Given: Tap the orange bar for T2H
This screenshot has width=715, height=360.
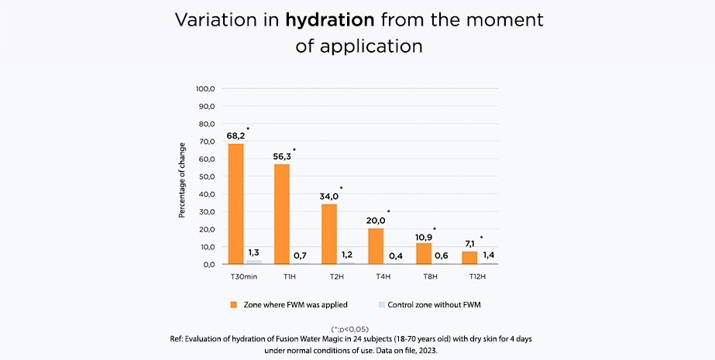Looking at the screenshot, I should coord(328,234).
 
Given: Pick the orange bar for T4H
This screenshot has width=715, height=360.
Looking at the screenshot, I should coord(375,246).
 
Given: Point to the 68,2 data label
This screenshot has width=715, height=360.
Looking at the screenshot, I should coord(235,135).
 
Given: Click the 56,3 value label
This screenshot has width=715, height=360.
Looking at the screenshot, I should coord(282,156).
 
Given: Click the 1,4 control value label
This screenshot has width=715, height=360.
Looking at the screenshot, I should coord(488,254).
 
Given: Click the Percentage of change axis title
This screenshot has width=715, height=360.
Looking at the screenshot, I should coord(182,180).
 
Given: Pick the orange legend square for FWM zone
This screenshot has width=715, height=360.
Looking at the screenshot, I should coord(232,305).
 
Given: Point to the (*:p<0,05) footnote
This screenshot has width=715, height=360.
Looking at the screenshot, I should coord(357,329).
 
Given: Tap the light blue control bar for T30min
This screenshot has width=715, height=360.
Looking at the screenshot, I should coord(253,262).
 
